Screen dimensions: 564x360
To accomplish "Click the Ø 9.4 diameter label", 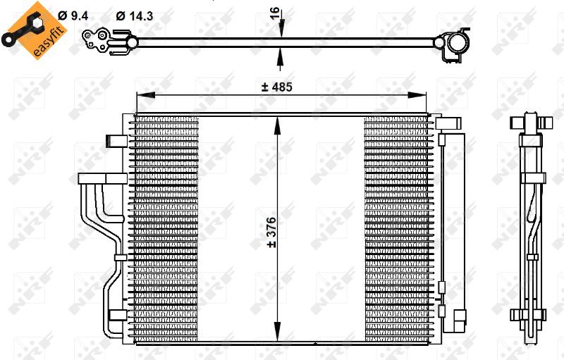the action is (73, 15).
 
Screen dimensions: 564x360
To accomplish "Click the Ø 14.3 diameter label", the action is (134, 15).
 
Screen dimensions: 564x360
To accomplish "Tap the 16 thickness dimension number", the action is (275, 13).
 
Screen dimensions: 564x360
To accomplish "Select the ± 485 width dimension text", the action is (276, 87).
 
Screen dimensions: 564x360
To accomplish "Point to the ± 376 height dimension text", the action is (271, 232).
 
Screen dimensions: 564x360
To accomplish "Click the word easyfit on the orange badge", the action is (49, 41).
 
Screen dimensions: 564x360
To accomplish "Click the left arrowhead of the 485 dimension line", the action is (146, 95).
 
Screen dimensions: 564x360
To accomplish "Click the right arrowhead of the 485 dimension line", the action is (417, 95).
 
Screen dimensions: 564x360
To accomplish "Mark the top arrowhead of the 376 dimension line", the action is (277, 125).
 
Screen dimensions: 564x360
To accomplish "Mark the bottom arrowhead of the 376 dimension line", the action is (277, 332).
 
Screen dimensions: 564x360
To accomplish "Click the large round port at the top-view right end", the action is (458, 44).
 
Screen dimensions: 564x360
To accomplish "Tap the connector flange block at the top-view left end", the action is (96, 41).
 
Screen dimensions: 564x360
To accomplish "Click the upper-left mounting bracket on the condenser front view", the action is (116, 141).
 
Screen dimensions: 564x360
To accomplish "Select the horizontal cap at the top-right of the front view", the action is (448, 123).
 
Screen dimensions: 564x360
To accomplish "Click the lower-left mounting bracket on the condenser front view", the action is (118, 315).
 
